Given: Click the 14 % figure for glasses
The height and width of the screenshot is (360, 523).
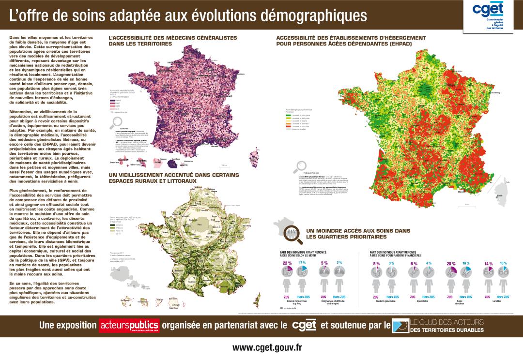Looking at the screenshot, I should pos(488,263).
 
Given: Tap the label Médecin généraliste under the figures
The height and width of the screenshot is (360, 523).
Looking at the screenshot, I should pos(382,301).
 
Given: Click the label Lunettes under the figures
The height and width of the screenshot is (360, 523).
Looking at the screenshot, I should pos(496,301).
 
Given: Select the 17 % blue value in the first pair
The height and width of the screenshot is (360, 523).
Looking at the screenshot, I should pos(303,262).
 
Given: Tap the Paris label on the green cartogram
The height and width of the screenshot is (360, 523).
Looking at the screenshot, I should pos(199,225).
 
